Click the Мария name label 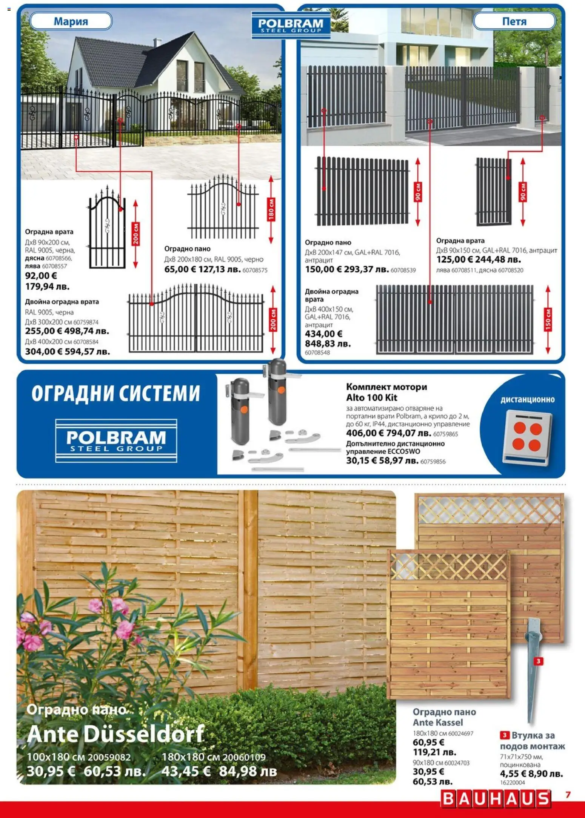(x=71, y=21)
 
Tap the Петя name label (x=514, y=21)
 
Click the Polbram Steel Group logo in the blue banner (x=116, y=440)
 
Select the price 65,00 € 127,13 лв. (x=202, y=269)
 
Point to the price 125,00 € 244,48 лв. (x=478, y=259)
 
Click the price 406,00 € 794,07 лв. (x=388, y=433)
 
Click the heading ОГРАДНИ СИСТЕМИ (x=115, y=393)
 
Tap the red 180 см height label (x=271, y=209)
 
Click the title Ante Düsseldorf (x=115, y=734)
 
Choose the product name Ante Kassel (x=437, y=723)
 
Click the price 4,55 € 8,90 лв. (x=531, y=774)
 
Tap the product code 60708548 (x=317, y=353)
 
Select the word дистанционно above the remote (x=527, y=400)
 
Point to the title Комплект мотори (x=386, y=387)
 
